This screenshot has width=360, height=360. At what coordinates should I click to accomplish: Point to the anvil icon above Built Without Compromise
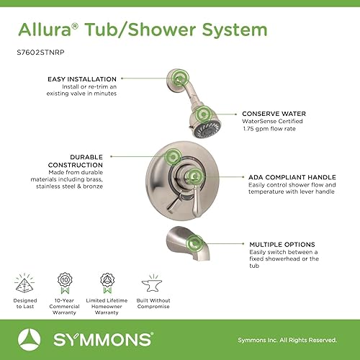pos(151,279)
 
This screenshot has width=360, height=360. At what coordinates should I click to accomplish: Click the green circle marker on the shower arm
pos(177,78)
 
